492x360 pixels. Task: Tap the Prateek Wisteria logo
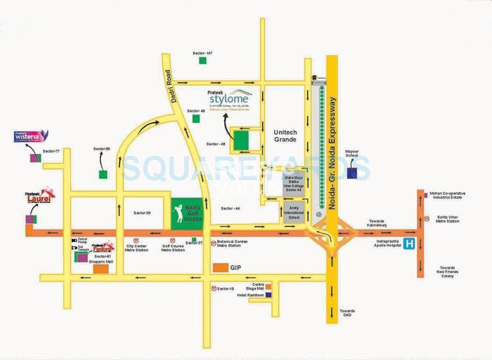click(x=28, y=136)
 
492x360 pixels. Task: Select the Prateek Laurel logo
click(x=39, y=194)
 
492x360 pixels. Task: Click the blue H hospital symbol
click(x=409, y=245)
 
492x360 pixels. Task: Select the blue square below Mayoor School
click(x=352, y=173)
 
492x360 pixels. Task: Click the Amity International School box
click(x=295, y=212)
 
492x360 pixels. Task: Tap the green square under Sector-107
click(x=203, y=61)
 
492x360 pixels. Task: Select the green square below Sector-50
click(x=102, y=174)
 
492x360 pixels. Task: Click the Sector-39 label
click(x=142, y=213)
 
